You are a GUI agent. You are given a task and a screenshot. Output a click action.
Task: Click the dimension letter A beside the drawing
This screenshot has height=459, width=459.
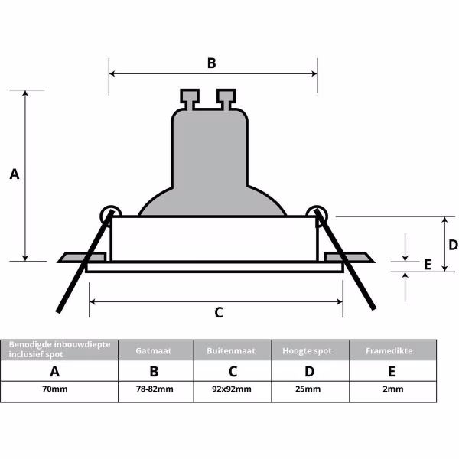14,174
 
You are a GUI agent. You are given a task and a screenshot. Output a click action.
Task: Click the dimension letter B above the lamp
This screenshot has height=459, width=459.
212,63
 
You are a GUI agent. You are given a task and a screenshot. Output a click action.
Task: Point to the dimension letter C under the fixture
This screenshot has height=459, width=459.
218,312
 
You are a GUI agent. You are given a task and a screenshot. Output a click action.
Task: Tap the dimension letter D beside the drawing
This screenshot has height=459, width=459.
453,245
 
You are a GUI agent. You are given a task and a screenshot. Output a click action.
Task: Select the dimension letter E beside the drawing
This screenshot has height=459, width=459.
428,265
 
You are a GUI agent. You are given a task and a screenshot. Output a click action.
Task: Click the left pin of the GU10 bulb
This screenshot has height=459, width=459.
189,98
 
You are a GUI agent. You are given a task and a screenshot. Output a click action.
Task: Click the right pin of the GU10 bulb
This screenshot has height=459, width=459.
226,98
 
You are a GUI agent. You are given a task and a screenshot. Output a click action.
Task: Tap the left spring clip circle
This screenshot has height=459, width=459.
110,213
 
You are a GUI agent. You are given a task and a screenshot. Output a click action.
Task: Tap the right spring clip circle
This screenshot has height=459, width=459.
315,213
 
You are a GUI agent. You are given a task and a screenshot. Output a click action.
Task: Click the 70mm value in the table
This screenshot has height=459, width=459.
55,389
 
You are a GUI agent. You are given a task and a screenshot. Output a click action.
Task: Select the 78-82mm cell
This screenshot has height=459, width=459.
155,389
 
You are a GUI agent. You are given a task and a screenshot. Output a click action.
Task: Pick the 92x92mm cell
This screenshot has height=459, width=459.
233,389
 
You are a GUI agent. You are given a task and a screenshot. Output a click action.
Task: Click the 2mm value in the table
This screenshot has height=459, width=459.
393,389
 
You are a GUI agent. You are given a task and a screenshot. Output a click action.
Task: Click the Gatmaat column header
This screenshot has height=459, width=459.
155,350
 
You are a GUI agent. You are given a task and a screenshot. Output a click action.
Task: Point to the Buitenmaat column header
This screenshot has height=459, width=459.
233,350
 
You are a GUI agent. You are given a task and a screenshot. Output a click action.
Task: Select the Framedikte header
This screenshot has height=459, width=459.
392,350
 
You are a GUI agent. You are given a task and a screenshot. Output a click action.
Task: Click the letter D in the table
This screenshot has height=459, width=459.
310,372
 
